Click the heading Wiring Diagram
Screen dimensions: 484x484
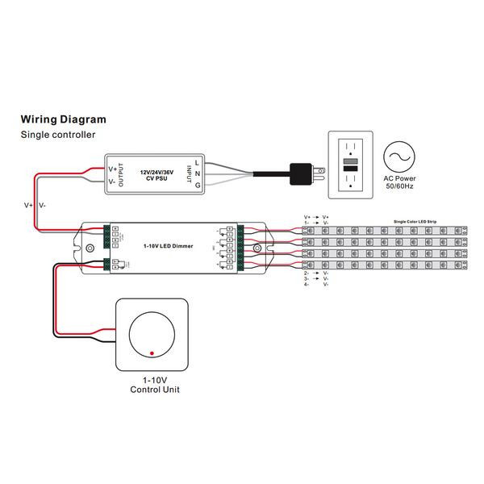coord(63,119)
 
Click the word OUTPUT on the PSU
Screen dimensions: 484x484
coord(122,174)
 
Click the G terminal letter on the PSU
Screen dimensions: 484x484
coord(198,188)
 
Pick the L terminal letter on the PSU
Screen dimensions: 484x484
coord(198,161)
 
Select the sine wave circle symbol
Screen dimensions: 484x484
coord(398,156)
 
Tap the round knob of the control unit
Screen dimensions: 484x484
coord(153,333)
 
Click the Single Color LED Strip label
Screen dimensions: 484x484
coord(414,220)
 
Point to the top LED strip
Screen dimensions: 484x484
coord(383,231)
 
